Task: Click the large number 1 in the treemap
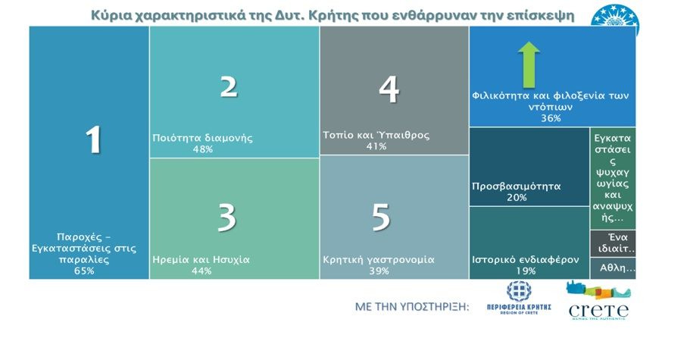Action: point(93,139)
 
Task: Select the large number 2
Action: point(229,86)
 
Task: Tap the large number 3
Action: point(226,218)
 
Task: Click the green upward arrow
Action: point(529,63)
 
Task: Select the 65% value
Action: point(84,271)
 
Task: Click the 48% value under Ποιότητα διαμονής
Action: point(203,149)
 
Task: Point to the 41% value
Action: point(376,146)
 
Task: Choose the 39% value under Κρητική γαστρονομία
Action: point(378,271)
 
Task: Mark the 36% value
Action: point(551,118)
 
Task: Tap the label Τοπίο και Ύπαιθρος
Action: point(376,136)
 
